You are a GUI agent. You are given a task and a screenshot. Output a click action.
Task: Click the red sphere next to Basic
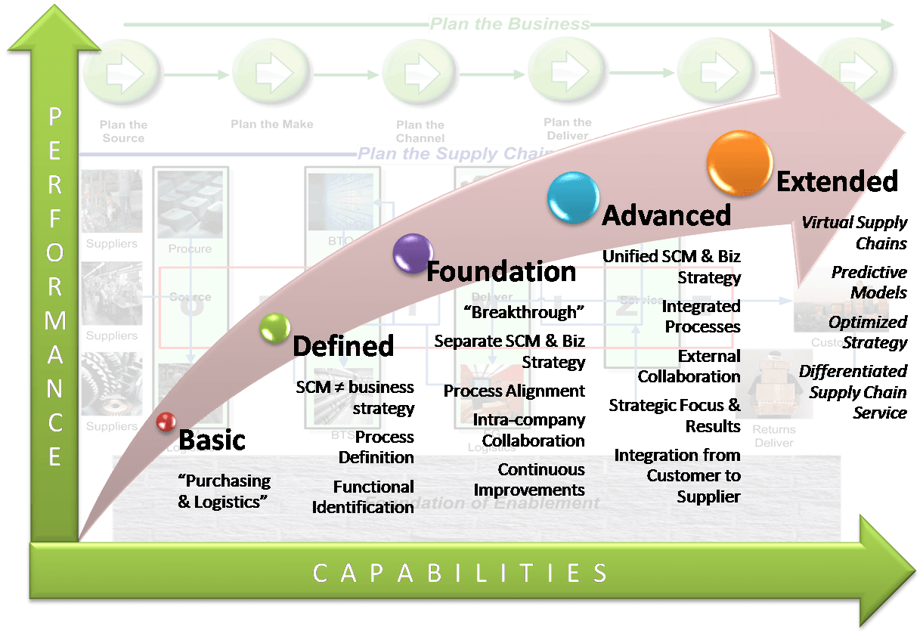tap(166, 422)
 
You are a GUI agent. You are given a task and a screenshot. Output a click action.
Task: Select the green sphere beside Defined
tap(274, 327)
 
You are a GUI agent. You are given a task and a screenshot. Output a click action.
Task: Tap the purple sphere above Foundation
tap(413, 253)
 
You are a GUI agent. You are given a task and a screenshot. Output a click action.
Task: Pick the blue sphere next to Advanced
tap(573, 197)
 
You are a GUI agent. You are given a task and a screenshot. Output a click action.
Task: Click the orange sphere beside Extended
tap(739, 163)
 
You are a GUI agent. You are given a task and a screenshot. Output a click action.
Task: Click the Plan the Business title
tap(510, 24)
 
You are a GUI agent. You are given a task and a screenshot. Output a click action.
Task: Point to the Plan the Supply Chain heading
tap(454, 154)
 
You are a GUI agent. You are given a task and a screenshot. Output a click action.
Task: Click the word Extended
tap(837, 181)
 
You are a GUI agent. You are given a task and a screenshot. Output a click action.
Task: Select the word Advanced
tap(666, 215)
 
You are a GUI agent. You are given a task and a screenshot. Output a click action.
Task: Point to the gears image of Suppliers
tap(111, 385)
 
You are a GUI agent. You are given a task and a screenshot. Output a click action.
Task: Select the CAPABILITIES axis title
tap(460, 573)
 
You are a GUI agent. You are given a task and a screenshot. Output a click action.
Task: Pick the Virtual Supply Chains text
tap(854, 233)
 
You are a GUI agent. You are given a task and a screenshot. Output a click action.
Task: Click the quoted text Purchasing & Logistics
tap(224, 491)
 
